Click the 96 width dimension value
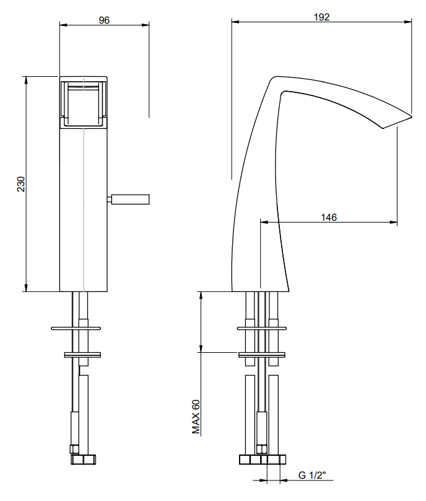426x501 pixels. point(104,20)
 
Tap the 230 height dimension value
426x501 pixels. point(20,184)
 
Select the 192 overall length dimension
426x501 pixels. point(321,17)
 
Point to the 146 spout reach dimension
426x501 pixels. point(329,217)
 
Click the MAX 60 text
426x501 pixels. point(196,417)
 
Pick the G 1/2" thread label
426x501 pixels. point(313,476)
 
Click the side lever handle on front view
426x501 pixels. point(129,199)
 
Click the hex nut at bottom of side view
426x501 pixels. point(263,460)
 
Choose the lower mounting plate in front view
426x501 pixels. point(83,355)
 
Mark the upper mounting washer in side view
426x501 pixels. point(263,327)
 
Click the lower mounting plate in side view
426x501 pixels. point(263,355)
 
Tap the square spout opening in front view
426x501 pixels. point(84,103)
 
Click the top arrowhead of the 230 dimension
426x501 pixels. point(26,79)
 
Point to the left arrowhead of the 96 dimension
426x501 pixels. point(63,24)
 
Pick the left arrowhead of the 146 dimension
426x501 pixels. point(263,221)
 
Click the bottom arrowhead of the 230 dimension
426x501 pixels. point(26,288)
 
